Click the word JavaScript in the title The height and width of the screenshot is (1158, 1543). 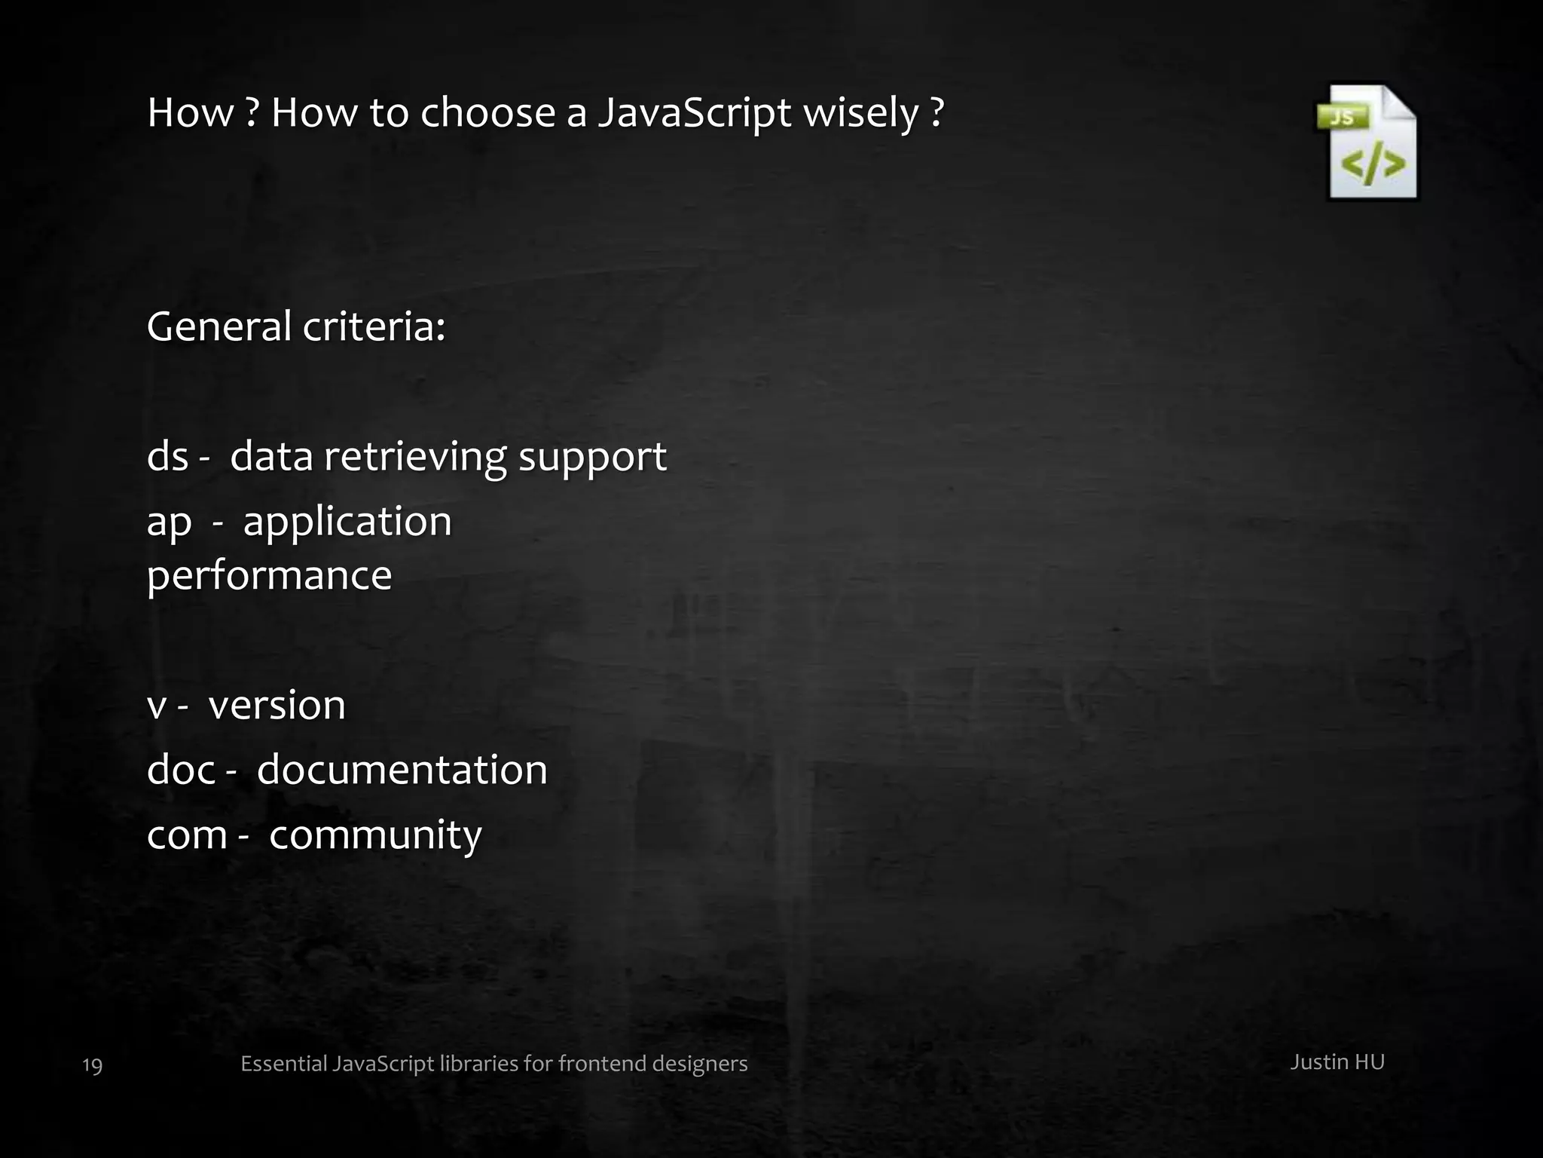pos(694,115)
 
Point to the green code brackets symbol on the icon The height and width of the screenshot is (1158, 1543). pos(1373,165)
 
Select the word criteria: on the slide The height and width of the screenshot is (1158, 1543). pos(374,327)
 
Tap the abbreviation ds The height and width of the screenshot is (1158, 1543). pos(167,457)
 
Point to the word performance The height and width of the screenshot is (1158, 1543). pos(269,577)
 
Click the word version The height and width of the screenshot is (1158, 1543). pos(277,706)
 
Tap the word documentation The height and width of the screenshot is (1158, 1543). pos(402,770)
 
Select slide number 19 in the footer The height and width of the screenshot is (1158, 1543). pos(92,1065)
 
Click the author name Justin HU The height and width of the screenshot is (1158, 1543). pos(1337,1062)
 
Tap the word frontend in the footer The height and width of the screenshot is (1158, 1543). pos(601,1064)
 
